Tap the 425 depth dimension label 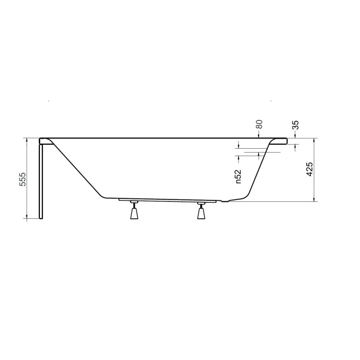click(310, 169)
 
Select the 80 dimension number click(259, 124)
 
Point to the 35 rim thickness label click(296, 125)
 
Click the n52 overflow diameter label click(238, 177)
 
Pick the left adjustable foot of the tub click(134, 210)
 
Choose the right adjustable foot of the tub click(201, 210)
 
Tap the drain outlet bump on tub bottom click(225, 201)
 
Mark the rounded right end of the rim click(286, 141)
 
